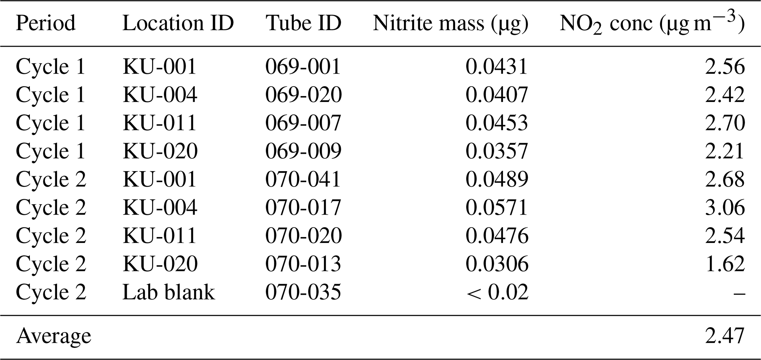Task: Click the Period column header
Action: [x=46, y=23]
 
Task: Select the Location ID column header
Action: [x=178, y=23]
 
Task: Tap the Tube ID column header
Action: [x=303, y=23]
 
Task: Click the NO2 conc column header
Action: [x=652, y=23]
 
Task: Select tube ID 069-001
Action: [x=303, y=67]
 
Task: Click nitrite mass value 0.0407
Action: [x=497, y=95]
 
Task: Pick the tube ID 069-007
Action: [x=303, y=123]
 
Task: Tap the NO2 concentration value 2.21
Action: [x=725, y=151]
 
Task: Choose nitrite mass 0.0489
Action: [x=497, y=179]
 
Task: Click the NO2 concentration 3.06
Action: [x=725, y=208]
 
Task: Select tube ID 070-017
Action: [x=303, y=208]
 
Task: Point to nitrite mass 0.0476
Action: [x=497, y=236]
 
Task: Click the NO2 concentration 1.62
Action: [x=725, y=264]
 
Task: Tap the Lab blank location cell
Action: [x=169, y=292]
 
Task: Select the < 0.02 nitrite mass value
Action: [x=497, y=292]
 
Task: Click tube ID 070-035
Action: [x=303, y=292]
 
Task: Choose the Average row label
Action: [x=53, y=336]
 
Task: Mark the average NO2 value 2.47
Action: [x=725, y=336]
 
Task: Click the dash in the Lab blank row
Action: [x=739, y=293]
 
